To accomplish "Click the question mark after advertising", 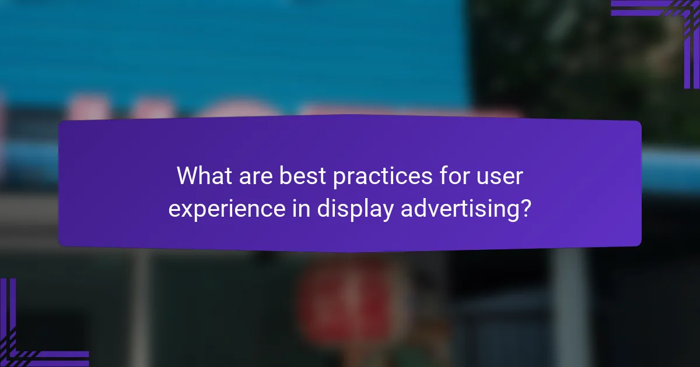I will click(525, 208).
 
